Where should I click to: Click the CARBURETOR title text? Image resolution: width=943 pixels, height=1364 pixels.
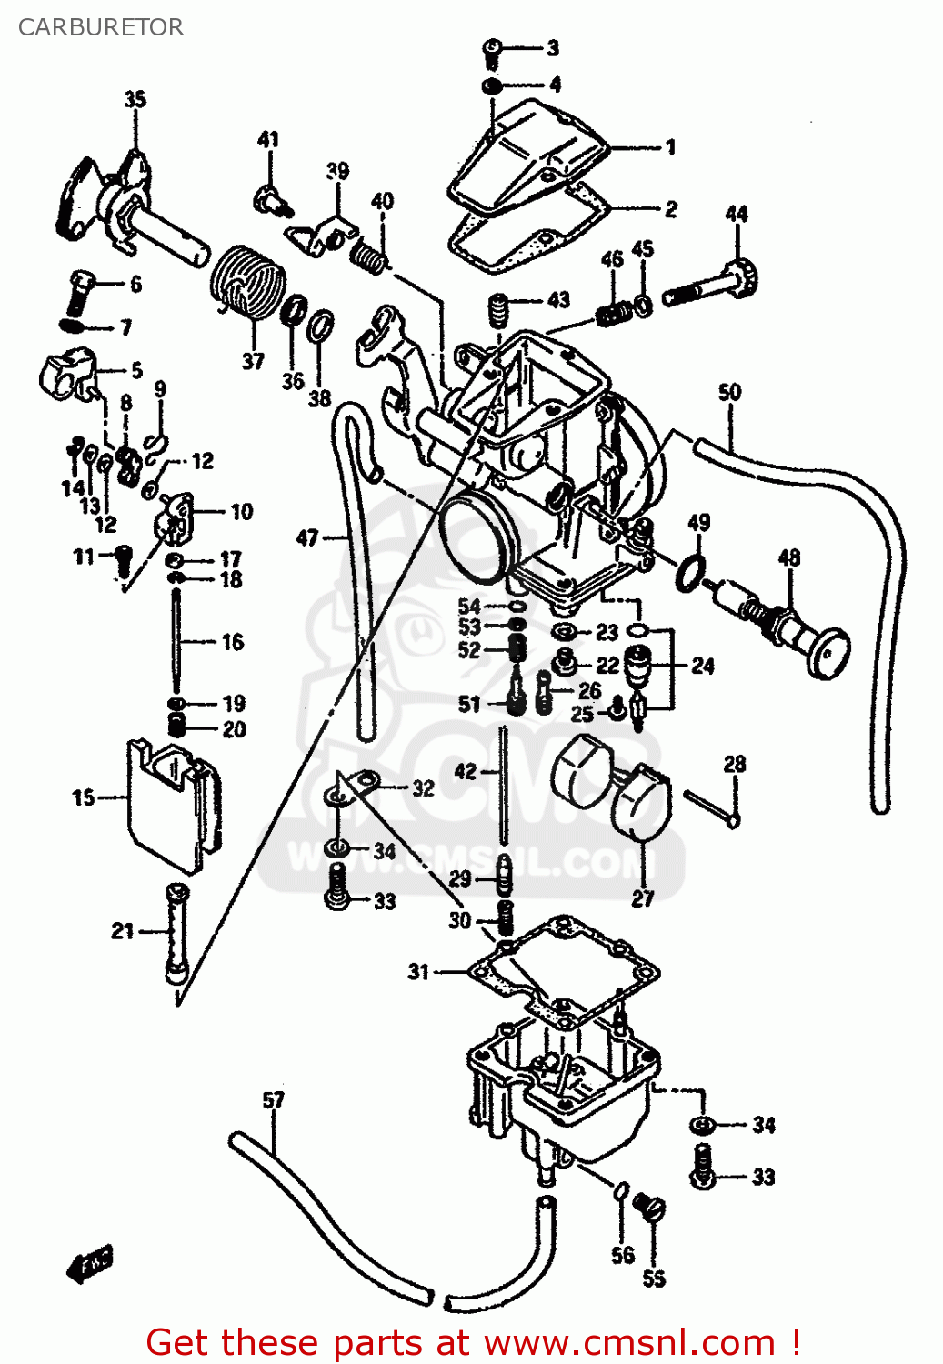click(100, 27)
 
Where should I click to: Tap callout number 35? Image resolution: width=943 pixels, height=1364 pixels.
click(135, 99)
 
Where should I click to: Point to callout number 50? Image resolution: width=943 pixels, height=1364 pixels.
click(729, 392)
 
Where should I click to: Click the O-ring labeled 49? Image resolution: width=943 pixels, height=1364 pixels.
click(690, 573)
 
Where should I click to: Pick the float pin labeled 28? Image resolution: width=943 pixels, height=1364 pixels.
click(712, 807)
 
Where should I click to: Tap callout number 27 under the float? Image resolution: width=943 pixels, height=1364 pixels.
click(642, 898)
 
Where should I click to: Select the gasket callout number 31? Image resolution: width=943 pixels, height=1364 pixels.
click(417, 972)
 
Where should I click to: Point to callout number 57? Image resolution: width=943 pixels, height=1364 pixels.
click(273, 1100)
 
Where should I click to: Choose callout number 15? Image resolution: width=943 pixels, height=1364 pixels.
click(83, 797)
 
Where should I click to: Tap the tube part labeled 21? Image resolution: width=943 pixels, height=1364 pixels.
click(176, 932)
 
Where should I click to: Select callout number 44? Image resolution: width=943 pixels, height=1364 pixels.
click(736, 214)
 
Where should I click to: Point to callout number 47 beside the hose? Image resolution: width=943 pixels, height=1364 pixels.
click(307, 537)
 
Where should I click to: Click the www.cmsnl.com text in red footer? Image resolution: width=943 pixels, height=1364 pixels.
click(628, 1342)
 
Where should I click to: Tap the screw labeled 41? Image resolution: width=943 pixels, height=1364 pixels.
click(270, 198)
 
